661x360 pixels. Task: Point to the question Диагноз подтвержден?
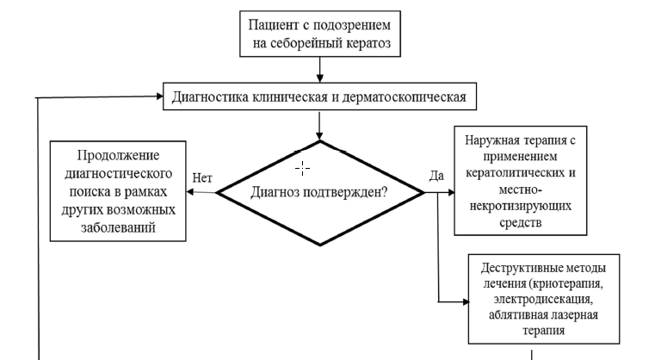point(318,193)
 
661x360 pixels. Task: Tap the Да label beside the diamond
point(436,177)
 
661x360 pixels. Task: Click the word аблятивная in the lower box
point(516,314)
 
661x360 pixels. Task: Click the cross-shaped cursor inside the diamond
point(302,168)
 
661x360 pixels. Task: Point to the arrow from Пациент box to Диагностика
point(319,65)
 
